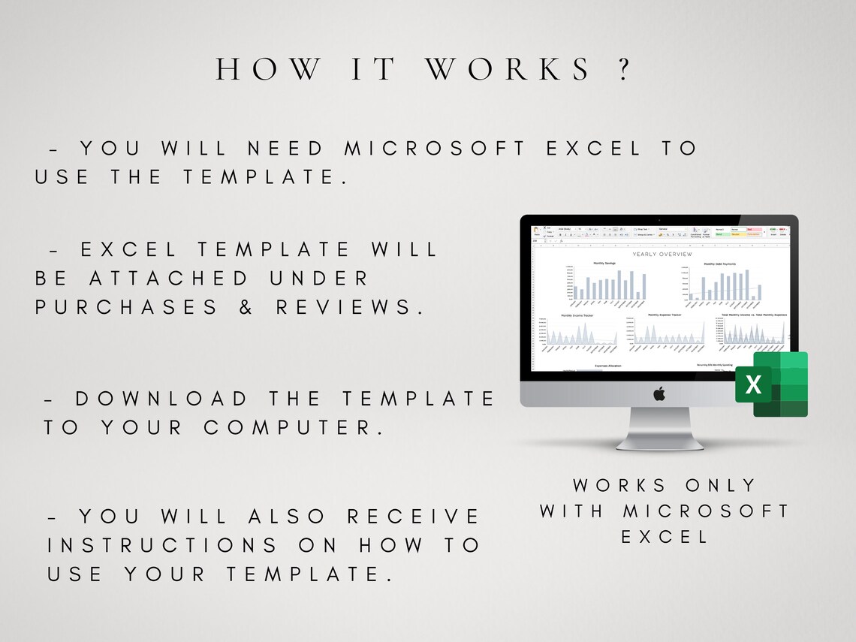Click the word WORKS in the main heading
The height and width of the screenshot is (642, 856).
point(508,70)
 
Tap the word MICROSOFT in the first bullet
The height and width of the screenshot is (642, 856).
point(436,149)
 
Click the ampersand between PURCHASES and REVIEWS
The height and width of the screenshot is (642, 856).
point(247,308)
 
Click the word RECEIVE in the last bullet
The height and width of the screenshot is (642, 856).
point(413,517)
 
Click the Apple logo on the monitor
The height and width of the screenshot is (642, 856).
point(659,393)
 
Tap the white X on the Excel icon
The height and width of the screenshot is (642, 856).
point(753,385)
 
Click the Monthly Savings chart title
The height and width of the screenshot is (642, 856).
point(604,264)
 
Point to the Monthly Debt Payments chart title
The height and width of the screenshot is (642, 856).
point(719,264)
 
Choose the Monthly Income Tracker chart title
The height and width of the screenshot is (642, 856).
point(577,315)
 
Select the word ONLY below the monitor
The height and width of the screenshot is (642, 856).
point(720,486)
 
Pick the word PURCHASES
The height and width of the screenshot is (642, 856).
point(126,308)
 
